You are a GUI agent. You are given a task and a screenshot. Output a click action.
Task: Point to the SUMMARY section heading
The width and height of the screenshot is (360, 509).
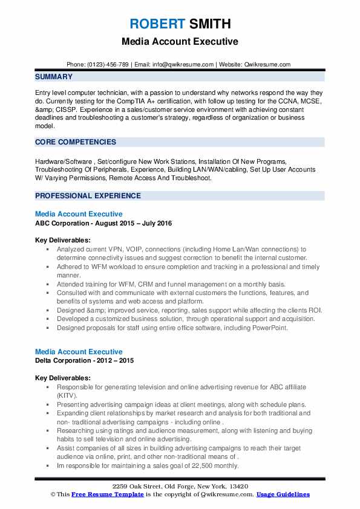point(54,77)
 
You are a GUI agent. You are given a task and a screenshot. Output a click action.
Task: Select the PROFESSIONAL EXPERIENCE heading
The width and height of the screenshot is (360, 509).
point(88,196)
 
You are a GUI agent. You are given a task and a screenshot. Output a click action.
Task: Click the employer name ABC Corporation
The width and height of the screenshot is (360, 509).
point(67,224)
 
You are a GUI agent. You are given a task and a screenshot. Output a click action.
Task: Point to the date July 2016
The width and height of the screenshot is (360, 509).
point(157,224)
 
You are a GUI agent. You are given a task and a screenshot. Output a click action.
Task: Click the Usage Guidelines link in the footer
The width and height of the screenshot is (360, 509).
point(283,494)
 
